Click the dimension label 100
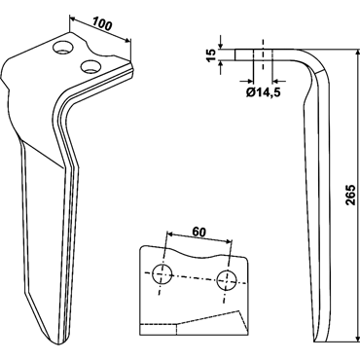pos(102,24)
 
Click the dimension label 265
pos(350,195)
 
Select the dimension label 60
pos(199,232)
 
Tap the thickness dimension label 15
pos(210,54)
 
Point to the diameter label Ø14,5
pos(263,92)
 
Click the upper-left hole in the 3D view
pos(62,48)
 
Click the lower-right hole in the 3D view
pos(91,66)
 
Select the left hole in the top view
pos(162,274)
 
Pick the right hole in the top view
pos(227,279)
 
